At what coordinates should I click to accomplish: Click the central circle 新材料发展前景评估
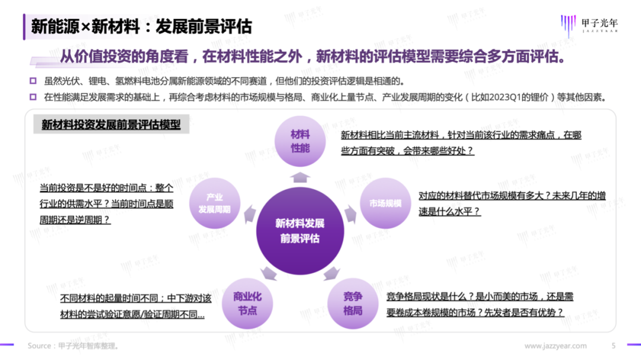(x=300, y=230)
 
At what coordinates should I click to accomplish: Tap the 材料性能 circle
(x=300, y=141)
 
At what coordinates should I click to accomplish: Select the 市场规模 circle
(x=385, y=203)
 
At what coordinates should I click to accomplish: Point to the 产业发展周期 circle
(x=214, y=203)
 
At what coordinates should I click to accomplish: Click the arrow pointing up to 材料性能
(x=300, y=177)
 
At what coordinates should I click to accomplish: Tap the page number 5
(x=614, y=346)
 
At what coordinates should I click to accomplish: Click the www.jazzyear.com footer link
(x=556, y=346)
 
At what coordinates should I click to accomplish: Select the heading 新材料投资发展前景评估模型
(x=111, y=125)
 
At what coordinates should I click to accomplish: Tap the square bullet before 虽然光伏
(x=33, y=82)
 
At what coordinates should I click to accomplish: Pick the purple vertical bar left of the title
(x=24, y=27)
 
